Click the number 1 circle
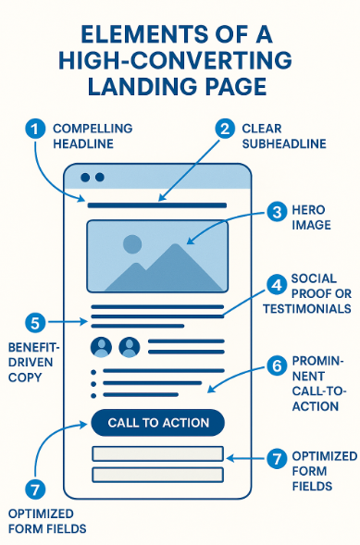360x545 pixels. [x=35, y=130]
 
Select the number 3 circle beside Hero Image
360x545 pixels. [x=276, y=212]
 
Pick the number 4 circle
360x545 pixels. [x=276, y=285]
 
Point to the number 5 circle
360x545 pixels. [x=35, y=323]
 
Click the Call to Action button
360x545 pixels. [x=157, y=423]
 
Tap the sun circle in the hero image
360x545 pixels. [x=132, y=244]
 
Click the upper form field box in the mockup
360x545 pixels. [x=157, y=453]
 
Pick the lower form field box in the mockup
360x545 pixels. [x=157, y=475]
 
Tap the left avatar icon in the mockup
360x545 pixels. [x=102, y=347]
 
